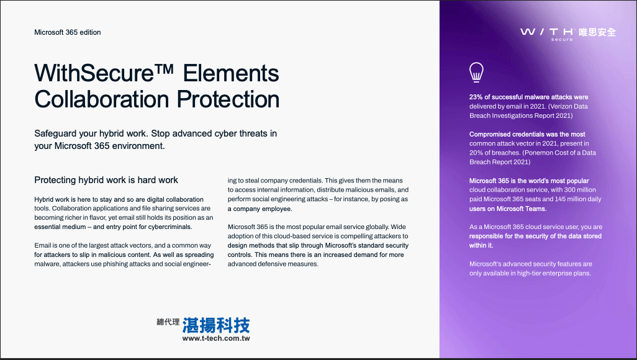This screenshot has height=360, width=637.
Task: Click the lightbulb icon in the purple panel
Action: pos(476,73)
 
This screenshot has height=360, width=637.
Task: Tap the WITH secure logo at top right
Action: pos(547,34)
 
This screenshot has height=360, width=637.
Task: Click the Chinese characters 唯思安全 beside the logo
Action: pos(597,32)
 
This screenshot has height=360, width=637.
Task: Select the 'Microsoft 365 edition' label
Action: pos(68,32)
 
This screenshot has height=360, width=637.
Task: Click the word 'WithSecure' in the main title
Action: pos(94,73)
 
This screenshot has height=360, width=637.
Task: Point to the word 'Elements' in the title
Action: pos(231,73)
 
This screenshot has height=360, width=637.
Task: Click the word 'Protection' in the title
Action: pos(228,99)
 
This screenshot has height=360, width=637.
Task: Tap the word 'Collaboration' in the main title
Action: pos(102,99)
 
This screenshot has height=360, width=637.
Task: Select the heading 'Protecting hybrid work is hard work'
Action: pos(106,180)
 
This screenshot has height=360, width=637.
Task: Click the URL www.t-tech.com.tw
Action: pos(216,338)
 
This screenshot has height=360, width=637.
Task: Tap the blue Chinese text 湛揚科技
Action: pos(216,325)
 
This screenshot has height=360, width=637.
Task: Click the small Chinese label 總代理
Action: pos(168,322)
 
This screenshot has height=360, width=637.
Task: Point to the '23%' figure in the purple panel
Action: pos(476,97)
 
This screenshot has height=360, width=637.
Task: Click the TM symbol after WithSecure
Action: pos(164,69)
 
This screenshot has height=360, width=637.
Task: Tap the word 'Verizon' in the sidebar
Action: pos(561,107)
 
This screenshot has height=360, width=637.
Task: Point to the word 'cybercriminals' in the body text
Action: pos(170,227)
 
